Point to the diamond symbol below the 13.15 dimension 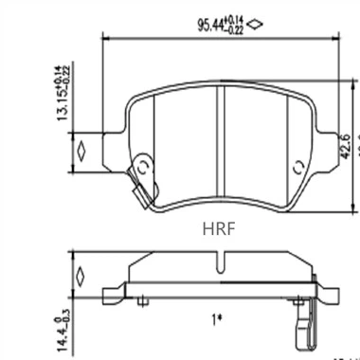click(81, 151)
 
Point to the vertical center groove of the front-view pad click(220, 142)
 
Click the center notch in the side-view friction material click(220, 261)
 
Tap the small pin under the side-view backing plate click(142, 301)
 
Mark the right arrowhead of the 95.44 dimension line click(334, 38)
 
